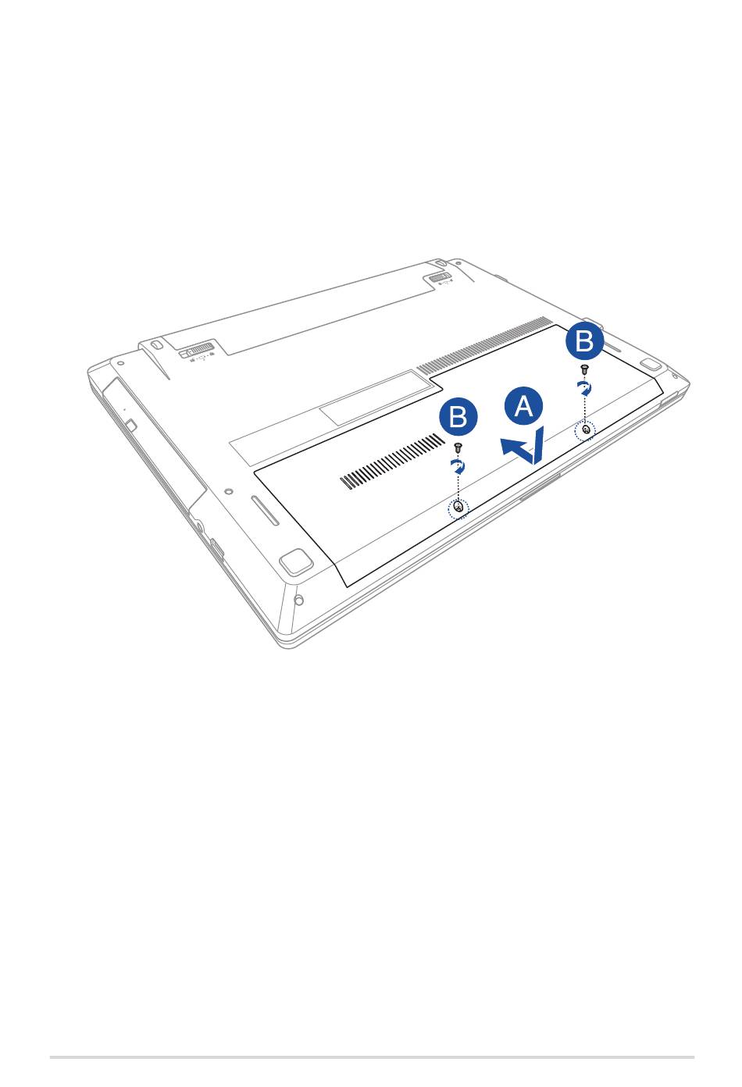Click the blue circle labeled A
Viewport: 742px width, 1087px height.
[x=523, y=406]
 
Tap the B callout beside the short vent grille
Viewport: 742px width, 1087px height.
[x=458, y=417]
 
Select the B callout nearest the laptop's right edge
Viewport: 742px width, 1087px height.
[x=585, y=340]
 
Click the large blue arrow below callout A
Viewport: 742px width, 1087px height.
[x=523, y=447]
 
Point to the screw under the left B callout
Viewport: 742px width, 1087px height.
[x=457, y=447]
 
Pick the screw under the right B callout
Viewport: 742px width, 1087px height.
[x=585, y=369]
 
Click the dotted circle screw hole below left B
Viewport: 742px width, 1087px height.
[x=458, y=508]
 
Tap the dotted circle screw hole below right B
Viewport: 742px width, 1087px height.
[x=586, y=430]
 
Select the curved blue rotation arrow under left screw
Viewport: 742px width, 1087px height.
[x=458, y=467]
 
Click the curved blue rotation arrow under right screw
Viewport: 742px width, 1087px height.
[x=586, y=389]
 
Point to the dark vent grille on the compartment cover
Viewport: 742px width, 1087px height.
[x=392, y=461]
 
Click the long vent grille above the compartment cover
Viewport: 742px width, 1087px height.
[x=483, y=345]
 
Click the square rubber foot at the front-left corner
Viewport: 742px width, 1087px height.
[x=295, y=561]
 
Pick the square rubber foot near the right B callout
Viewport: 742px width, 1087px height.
[x=651, y=365]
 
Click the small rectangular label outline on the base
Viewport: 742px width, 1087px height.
[x=376, y=398]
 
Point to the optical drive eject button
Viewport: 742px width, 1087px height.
[x=131, y=425]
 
